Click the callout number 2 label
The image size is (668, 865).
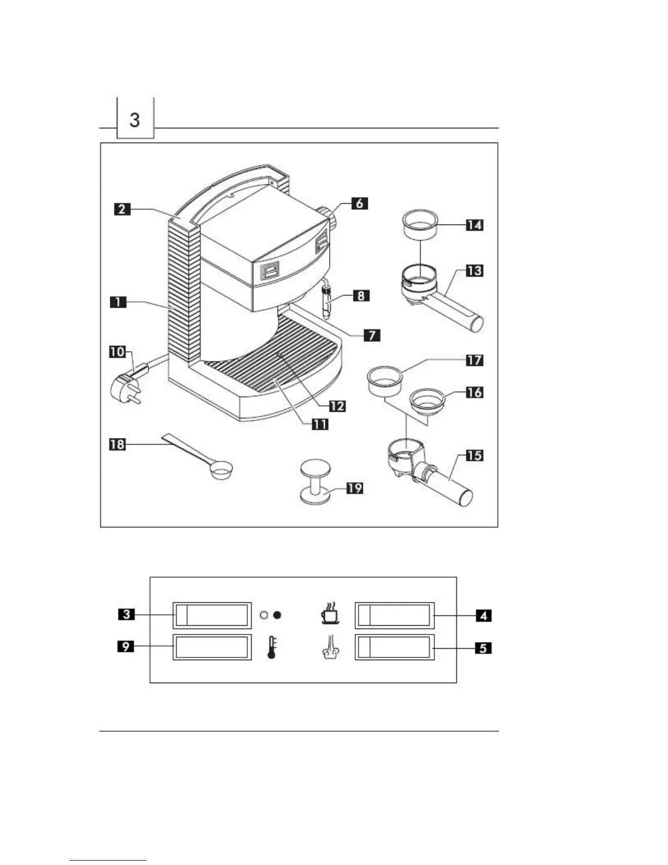tap(122, 209)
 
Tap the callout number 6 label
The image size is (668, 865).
tap(359, 203)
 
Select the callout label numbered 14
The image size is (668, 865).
tap(474, 224)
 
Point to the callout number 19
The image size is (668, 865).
tap(355, 488)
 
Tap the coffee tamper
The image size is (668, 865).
tap(315, 481)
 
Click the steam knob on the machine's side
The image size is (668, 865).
tap(331, 218)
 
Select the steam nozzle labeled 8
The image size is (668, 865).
tap(327, 306)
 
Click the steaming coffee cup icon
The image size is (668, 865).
tap(329, 613)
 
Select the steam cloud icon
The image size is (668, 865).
tap(330, 648)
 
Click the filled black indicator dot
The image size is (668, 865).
tap(277, 615)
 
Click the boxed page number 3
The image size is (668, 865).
tap(135, 119)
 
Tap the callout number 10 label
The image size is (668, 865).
tap(117, 352)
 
